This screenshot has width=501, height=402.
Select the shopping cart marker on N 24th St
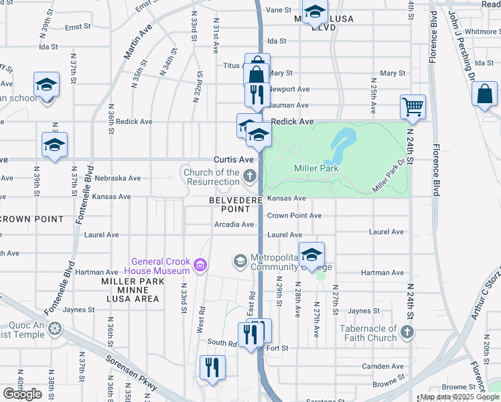pos(413,107)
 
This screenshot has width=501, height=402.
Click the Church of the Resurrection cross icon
pos(250,177)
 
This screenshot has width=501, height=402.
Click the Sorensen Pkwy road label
pos(132,375)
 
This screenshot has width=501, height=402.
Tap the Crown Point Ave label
pos(294,216)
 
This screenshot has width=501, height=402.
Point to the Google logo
pos(22,393)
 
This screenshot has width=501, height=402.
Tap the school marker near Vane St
pos(314,12)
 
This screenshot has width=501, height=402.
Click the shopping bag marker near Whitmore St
pos(484,94)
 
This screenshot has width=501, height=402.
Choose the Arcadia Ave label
pos(234,224)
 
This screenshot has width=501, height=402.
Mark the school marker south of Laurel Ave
pos(311,255)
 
